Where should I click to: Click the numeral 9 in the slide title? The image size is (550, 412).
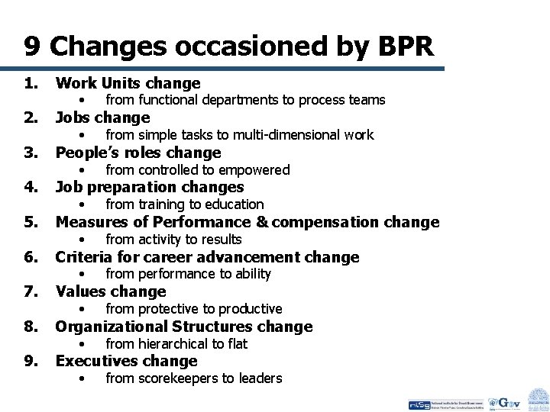tap(31, 47)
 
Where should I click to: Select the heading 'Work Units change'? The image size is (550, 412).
tap(128, 82)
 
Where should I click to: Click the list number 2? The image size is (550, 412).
tap(31, 117)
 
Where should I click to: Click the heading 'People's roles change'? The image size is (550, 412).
tap(138, 152)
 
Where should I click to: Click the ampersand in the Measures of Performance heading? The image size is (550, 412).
tap(259, 222)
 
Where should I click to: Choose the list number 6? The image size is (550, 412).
tap(31, 257)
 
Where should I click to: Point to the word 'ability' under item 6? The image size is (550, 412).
tap(251, 274)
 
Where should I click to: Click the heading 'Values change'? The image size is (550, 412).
tap(111, 291)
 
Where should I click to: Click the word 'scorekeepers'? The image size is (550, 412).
tap(176, 378)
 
